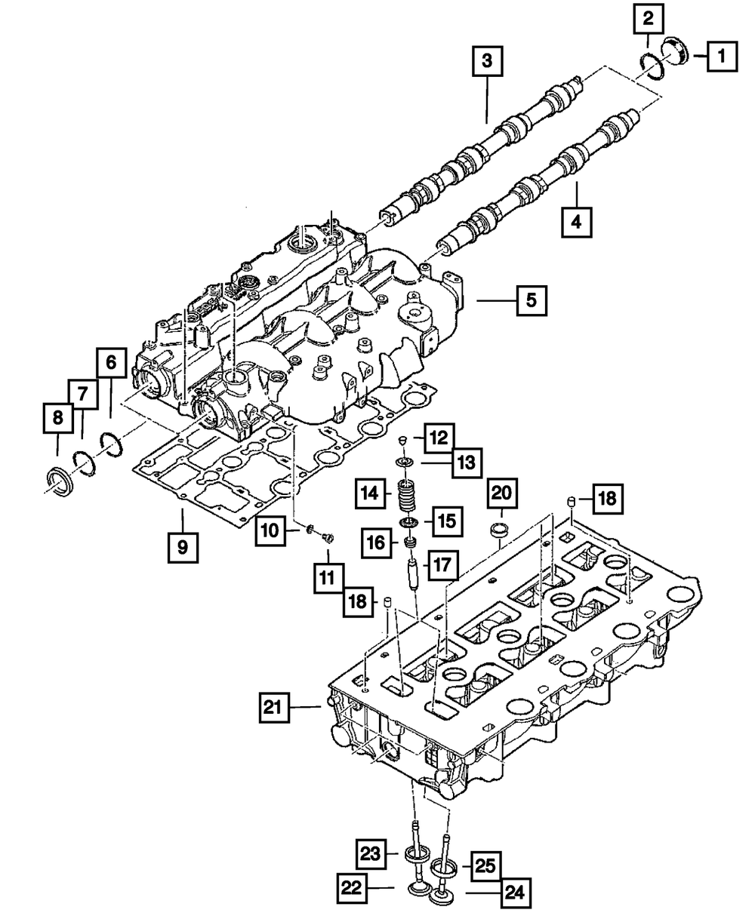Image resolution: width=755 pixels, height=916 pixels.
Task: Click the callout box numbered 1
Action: pos(721,55)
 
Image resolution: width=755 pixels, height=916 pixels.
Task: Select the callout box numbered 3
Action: pos(488,60)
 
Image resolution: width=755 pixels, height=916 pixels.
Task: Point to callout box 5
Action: pos(532,300)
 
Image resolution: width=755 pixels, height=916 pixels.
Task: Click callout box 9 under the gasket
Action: pos(183,546)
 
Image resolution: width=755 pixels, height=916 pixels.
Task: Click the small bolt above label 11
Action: pos(327,536)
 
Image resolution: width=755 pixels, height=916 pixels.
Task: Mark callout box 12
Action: pos(439,437)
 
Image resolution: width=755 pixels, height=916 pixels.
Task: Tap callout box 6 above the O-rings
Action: pos(110,363)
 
